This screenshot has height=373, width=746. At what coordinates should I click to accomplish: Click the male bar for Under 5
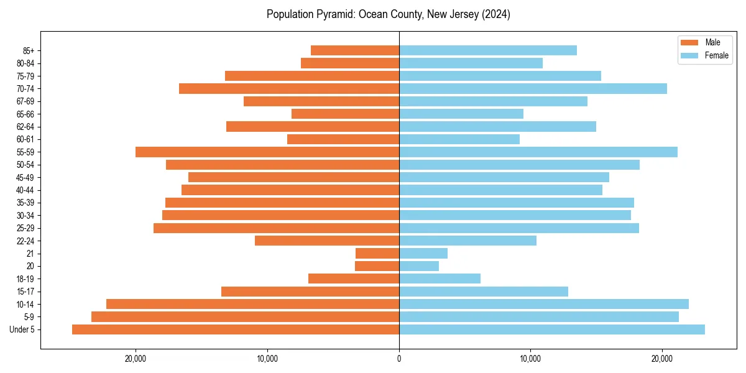(x=236, y=329)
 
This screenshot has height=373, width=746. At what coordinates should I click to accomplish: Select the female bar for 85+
(x=488, y=50)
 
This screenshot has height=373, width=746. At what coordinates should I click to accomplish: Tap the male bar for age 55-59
(x=267, y=152)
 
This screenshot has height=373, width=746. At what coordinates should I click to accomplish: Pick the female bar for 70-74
(x=533, y=88)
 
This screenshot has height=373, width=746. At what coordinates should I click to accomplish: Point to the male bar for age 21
(x=377, y=253)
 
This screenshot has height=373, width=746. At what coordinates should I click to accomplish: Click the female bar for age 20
(x=419, y=266)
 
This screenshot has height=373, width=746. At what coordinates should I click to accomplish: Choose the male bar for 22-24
(x=327, y=241)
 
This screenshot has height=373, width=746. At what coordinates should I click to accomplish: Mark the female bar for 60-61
(x=459, y=139)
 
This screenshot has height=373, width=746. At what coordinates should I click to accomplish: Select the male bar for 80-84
(x=350, y=63)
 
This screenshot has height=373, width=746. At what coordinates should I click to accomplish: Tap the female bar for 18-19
(x=440, y=279)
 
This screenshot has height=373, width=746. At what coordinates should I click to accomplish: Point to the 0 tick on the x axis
(x=399, y=359)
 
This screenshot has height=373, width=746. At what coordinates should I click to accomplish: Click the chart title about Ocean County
(x=389, y=14)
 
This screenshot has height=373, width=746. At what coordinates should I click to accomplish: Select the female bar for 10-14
(x=544, y=304)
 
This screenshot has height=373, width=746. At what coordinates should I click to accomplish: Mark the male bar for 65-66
(x=345, y=114)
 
